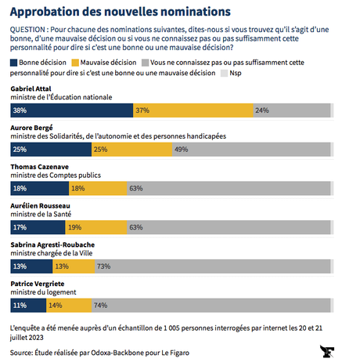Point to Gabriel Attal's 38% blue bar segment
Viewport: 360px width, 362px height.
70,110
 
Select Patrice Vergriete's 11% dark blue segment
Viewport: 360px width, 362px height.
27,304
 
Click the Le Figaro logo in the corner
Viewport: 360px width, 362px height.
328,350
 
